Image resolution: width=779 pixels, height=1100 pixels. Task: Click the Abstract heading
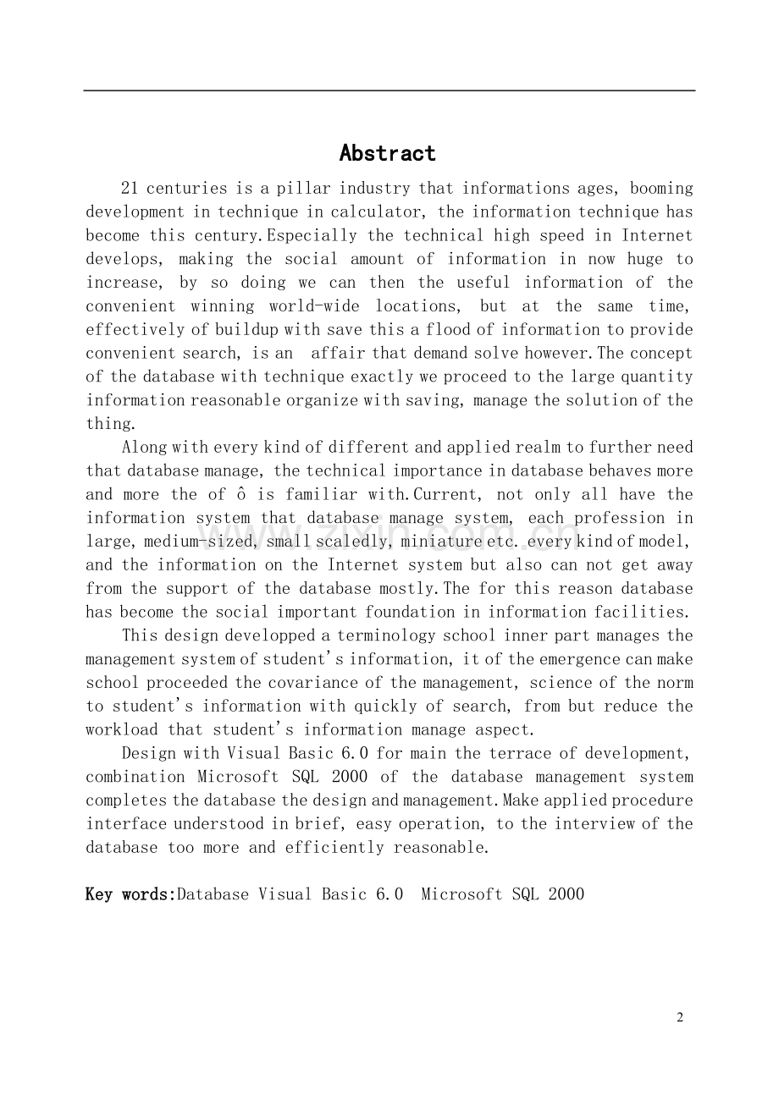coord(388,153)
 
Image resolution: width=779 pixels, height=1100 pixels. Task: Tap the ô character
coord(241,494)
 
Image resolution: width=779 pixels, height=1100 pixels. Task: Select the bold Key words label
coord(130,894)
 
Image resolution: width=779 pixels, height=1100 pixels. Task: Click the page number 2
coord(680,1018)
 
